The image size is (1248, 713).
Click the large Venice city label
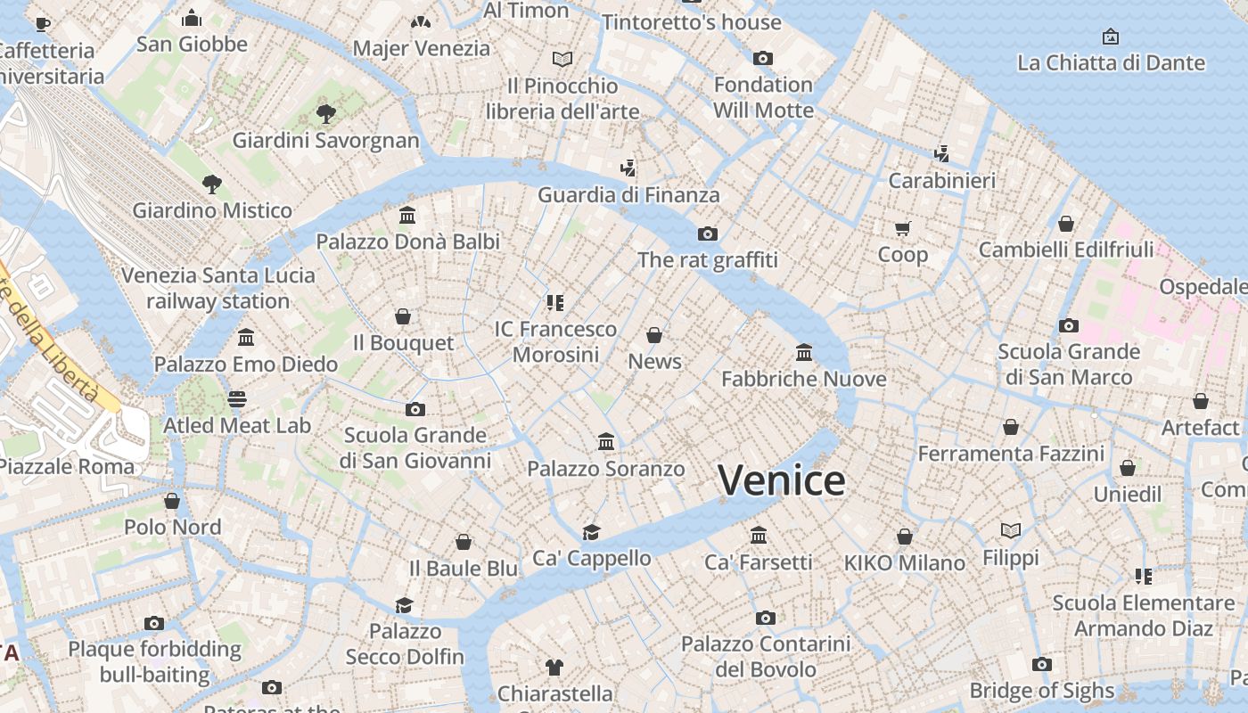point(782,481)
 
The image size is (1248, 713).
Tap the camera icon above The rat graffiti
point(708,234)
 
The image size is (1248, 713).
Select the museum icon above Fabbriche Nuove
point(804,353)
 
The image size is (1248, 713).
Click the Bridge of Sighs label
point(1041,691)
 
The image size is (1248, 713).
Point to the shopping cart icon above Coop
point(903,228)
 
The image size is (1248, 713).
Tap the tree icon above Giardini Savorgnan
point(325,113)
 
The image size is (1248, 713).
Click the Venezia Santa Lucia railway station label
point(218,288)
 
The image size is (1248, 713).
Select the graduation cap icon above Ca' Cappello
point(591,532)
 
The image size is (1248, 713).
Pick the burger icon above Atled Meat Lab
point(237,398)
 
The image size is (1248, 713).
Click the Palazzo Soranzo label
point(606,469)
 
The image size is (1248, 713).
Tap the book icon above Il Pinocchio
point(562,59)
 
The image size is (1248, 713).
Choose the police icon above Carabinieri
point(941,154)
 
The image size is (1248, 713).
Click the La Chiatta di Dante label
point(1111,62)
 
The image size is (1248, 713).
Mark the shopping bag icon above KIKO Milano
point(905,537)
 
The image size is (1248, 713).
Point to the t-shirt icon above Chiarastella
point(554,667)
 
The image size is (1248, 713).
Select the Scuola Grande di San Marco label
point(1068,365)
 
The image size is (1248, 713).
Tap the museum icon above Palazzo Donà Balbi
point(407,215)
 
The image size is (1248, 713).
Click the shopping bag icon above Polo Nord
point(172,501)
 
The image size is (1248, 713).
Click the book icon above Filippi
point(1010,531)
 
